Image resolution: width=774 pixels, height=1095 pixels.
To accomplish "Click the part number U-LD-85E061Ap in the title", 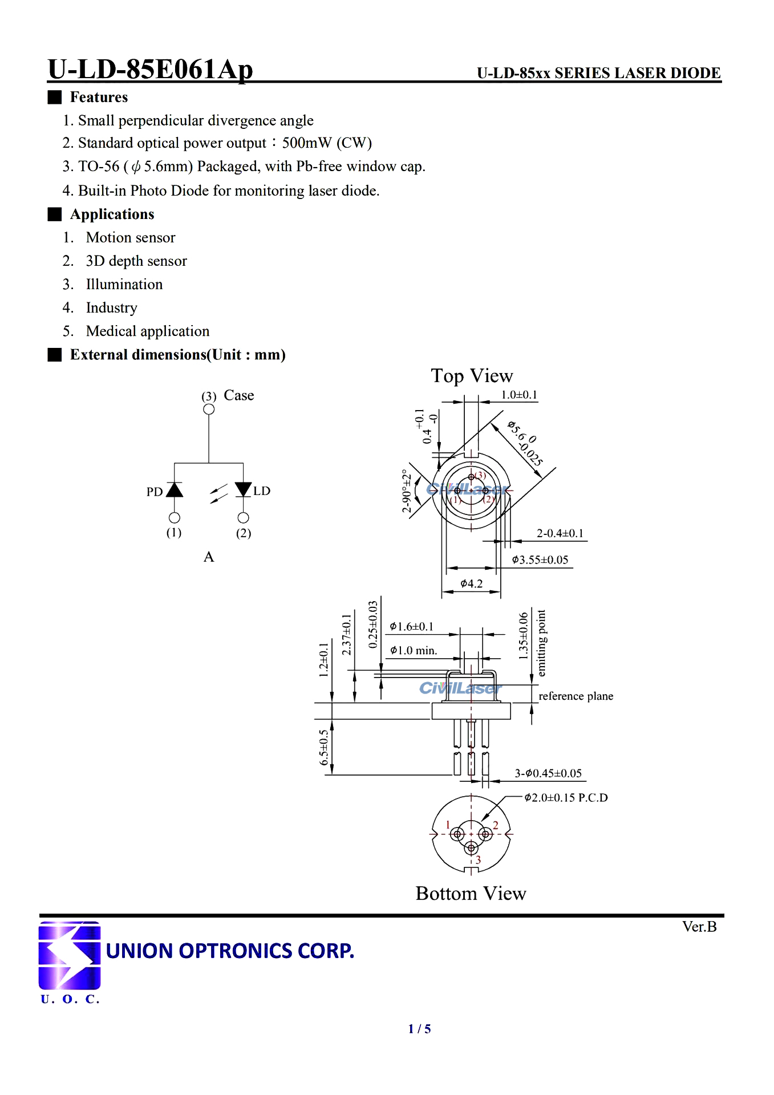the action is [x=151, y=70].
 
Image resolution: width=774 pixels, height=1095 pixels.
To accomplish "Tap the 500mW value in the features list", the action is [x=307, y=143].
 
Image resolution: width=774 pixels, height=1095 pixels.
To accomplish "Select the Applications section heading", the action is [x=112, y=214].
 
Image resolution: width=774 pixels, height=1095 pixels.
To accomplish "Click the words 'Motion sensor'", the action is [x=131, y=238].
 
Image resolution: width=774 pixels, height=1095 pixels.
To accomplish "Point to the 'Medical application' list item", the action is [x=148, y=331].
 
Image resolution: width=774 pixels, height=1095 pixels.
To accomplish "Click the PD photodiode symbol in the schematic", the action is [x=175, y=489].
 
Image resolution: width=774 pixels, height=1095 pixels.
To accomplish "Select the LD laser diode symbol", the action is [x=244, y=489].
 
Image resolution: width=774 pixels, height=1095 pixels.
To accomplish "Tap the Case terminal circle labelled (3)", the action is [x=209, y=409].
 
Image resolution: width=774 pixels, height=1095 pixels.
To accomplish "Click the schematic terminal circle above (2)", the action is [x=244, y=518].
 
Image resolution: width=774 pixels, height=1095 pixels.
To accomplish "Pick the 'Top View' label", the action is [x=472, y=376].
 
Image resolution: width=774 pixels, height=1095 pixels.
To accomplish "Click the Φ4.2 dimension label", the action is [x=471, y=583].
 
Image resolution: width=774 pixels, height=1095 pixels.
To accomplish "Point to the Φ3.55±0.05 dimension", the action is [x=540, y=560].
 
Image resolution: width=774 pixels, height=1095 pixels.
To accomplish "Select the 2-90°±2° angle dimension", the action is [x=407, y=490].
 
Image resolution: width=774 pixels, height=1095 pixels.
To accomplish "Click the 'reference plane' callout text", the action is [x=576, y=696].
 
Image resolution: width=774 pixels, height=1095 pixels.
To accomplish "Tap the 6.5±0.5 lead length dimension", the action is [x=324, y=747].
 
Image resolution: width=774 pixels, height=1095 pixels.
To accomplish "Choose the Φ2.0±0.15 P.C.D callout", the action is [x=566, y=798].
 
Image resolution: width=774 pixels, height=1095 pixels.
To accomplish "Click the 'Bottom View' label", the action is [x=471, y=894].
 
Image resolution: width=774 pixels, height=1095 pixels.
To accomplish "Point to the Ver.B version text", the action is [x=699, y=927].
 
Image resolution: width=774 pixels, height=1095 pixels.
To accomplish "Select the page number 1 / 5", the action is [x=420, y=1029].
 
